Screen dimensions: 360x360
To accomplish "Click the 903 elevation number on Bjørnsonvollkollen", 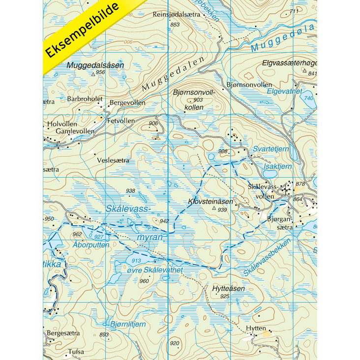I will point(198,99).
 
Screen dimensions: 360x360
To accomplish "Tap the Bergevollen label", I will point(128,103).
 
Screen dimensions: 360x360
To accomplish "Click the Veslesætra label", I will point(113,160).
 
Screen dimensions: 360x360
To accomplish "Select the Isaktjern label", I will point(277,167).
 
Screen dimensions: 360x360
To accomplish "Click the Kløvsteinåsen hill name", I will point(210,202).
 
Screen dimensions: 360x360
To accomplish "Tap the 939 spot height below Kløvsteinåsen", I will point(222,210).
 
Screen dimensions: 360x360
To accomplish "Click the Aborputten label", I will point(90,244).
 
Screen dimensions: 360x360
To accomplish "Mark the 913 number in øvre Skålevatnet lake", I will point(136,261).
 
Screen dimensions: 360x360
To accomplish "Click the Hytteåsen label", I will point(228,289).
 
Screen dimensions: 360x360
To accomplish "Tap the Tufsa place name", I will point(76,352).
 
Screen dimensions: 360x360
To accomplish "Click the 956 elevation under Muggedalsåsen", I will point(100,72).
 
